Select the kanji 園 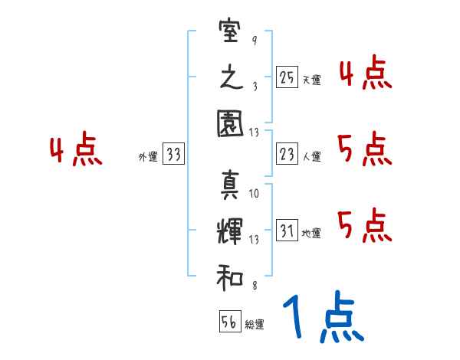coord(230,123)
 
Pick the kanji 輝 coord(230,231)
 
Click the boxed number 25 coord(286,77)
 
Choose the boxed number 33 coord(173,155)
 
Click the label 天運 coord(311,80)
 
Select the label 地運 coord(311,234)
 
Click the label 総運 coord(255,324)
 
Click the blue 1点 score coord(322,319)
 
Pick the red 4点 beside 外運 coord(77,151)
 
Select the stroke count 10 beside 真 coord(254,194)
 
